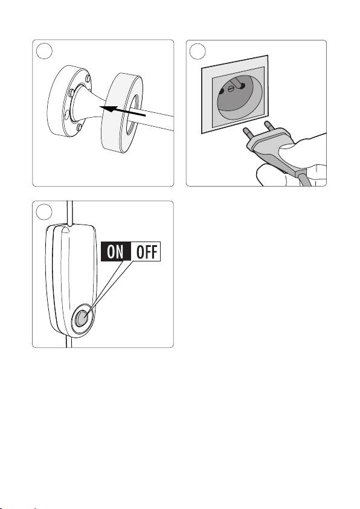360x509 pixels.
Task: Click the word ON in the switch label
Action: pyautogui.click(x=115, y=252)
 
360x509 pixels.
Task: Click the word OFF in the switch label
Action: pyautogui.click(x=147, y=252)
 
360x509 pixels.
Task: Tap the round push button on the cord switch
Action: pyautogui.click(x=81, y=318)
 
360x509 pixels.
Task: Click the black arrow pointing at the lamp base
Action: pyautogui.click(x=123, y=110)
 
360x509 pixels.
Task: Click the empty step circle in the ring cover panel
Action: pyautogui.click(x=44, y=51)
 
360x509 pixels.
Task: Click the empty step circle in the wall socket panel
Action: pyautogui.click(x=198, y=51)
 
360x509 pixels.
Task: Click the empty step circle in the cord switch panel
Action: pyautogui.click(x=44, y=211)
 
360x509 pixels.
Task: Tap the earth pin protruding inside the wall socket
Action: pyautogui.click(x=239, y=83)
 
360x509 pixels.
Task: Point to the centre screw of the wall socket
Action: pyautogui.click(x=231, y=88)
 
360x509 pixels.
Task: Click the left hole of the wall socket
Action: pyautogui.click(x=222, y=92)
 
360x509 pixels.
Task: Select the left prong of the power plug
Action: pyautogui.click(x=248, y=133)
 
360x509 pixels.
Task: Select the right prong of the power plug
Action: pyautogui.click(x=269, y=126)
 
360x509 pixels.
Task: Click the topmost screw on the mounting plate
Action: pyautogui.click(x=88, y=78)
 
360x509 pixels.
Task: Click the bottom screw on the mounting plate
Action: pyautogui.click(x=79, y=127)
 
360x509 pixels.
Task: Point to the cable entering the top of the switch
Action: pyautogui.click(x=69, y=213)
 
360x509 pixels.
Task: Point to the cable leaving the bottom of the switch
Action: pyautogui.click(x=69, y=342)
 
